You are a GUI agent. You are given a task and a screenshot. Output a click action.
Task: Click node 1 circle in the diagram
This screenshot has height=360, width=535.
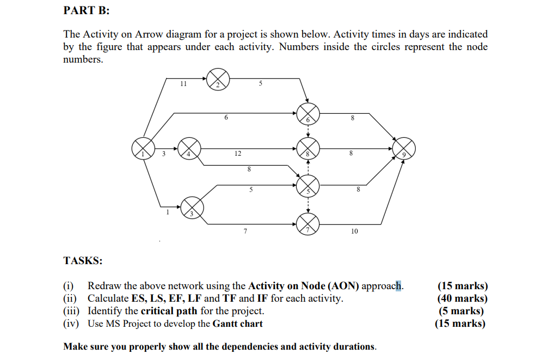pyautogui.click(x=143, y=148)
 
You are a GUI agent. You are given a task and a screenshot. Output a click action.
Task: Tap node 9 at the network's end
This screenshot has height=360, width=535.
pyautogui.click(x=404, y=148)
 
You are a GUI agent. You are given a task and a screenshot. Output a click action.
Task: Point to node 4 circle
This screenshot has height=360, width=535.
pyautogui.click(x=189, y=148)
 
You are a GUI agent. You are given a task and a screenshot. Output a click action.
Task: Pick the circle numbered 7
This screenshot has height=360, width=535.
pyautogui.click(x=308, y=222)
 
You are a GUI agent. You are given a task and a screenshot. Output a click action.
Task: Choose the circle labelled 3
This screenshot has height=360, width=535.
pyautogui.click(x=192, y=207)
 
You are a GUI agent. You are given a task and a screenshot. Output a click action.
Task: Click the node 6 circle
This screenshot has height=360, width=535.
pyautogui.click(x=308, y=114)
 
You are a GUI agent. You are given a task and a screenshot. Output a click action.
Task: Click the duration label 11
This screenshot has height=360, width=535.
pyautogui.click(x=183, y=84)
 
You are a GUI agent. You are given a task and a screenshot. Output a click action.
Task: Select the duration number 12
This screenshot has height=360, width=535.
pyautogui.click(x=238, y=154)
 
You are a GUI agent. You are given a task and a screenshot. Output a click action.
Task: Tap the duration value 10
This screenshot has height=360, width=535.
pyautogui.click(x=354, y=231)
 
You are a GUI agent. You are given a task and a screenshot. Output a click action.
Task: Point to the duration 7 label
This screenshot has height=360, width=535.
pyautogui.click(x=245, y=232)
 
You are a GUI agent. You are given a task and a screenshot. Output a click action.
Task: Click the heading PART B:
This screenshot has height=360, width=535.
pyautogui.click(x=83, y=10)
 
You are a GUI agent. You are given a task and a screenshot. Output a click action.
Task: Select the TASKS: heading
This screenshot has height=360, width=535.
pyautogui.click(x=83, y=260)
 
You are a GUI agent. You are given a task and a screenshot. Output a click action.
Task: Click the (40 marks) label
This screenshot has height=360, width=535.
pyautogui.click(x=462, y=298)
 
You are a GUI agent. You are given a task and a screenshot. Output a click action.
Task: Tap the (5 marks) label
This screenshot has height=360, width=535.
pyautogui.click(x=462, y=311)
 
